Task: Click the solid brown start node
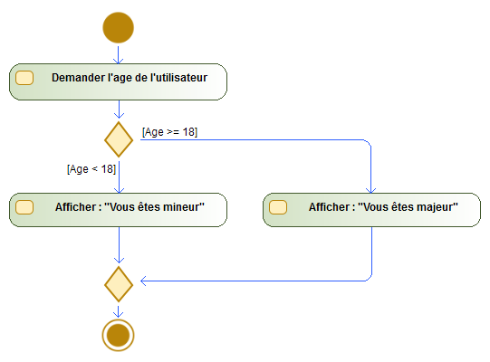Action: pyautogui.click(x=118, y=27)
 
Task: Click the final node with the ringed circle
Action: pyautogui.click(x=118, y=335)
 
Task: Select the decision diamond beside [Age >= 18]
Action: pyautogui.click(x=119, y=139)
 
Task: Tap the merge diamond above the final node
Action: pyautogui.click(x=119, y=284)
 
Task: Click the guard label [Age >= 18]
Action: pyautogui.click(x=169, y=132)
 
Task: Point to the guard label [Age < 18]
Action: pyautogui.click(x=91, y=169)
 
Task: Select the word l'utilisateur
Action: pyautogui.click(x=178, y=78)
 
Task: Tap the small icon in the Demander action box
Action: pyautogui.click(x=24, y=78)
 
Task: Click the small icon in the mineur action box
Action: pyautogui.click(x=24, y=207)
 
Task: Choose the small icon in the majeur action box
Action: pyautogui.click(x=278, y=207)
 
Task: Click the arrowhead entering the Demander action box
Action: pyautogui.click(x=118, y=61)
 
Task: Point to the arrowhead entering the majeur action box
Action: pyautogui.click(x=371, y=190)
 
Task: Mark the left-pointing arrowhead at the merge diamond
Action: pyautogui.click(x=144, y=281)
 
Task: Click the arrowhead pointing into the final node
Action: pyautogui.click(x=118, y=314)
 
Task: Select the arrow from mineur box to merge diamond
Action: pyautogui.click(x=119, y=245)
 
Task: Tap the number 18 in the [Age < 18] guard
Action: pyautogui.click(x=107, y=169)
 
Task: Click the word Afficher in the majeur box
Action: pyautogui.click(x=328, y=206)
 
